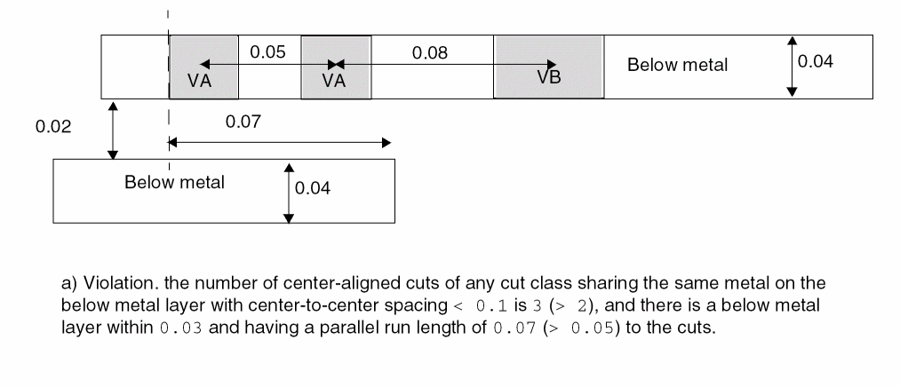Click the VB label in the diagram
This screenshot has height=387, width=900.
[549, 77]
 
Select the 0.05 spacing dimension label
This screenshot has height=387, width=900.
[267, 52]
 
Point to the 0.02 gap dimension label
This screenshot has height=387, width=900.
[52, 127]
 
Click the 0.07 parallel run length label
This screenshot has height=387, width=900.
[243, 122]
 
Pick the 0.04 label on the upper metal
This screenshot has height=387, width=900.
[816, 61]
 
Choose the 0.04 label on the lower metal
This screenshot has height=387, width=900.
[312, 188]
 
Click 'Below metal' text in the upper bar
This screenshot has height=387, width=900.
[677, 65]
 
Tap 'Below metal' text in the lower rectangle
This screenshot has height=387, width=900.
[174, 183]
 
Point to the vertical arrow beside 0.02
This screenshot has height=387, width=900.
[113, 130]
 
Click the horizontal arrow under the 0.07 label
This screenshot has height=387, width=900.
[278, 142]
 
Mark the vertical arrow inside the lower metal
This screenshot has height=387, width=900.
[288, 193]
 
